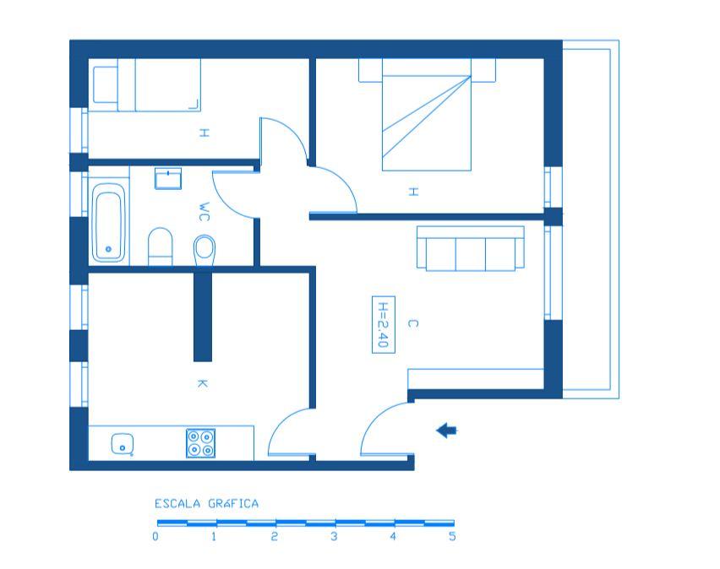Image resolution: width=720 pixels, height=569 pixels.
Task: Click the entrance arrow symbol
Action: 446,431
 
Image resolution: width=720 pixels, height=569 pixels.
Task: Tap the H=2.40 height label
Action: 384,324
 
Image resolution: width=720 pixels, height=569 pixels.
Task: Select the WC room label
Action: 205,212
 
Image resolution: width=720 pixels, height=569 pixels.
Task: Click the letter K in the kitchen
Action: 202,383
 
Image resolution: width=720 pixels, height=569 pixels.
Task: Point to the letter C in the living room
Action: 412,323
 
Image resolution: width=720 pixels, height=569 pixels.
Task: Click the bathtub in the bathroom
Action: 108,222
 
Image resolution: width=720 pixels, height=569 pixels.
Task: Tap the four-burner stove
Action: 200,443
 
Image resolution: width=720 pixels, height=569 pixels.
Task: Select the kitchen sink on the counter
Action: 123,444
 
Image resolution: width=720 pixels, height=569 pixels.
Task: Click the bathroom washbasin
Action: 168,178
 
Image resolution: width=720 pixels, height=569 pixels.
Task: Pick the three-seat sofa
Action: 471,248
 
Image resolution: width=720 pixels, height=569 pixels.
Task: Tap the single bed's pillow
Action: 106,85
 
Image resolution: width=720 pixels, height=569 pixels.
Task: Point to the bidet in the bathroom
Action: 205,250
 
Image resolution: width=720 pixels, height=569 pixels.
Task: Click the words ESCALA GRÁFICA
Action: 207,504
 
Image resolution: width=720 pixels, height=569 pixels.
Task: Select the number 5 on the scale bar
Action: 452,536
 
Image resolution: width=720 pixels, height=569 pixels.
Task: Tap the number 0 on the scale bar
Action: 155,536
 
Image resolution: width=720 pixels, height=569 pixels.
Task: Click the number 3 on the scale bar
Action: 334,536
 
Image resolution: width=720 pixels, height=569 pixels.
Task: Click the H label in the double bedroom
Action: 413,192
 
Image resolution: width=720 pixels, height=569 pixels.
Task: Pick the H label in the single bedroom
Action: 205,133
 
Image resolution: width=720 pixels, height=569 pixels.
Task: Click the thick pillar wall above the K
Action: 203,316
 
